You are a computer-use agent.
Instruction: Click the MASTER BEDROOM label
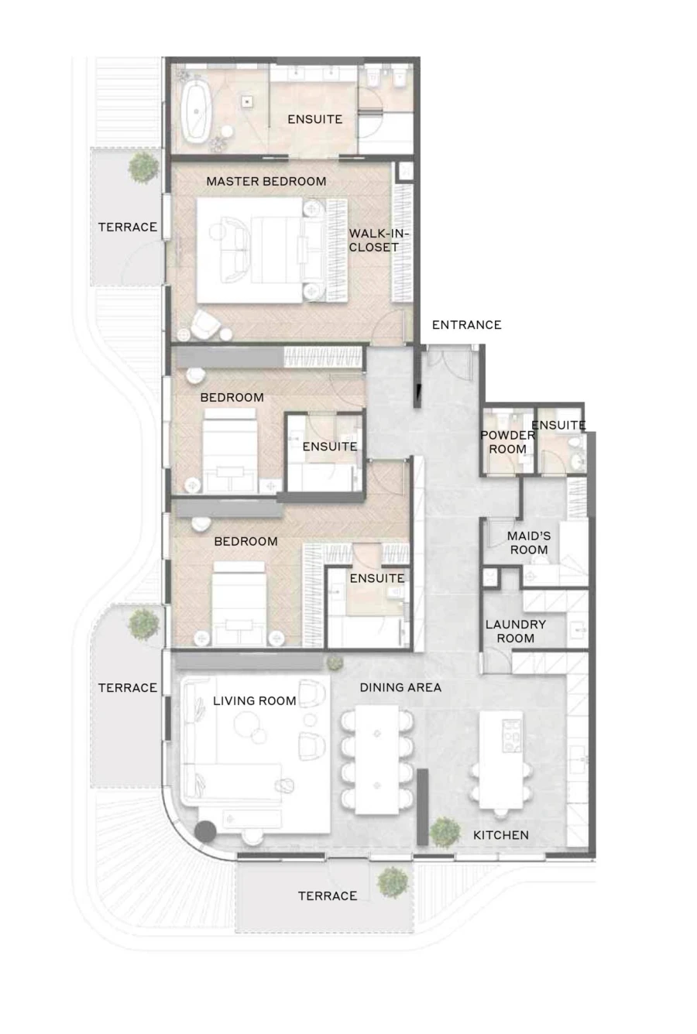pos(266,181)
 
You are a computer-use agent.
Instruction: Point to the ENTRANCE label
pos(466,325)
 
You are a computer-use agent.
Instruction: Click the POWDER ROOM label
pos(507,442)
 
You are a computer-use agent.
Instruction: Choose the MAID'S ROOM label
pos(529,543)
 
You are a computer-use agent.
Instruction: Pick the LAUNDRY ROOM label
pos(515,631)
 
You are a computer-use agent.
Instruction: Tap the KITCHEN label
pos(501,835)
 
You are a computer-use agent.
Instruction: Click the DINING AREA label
pos(400,687)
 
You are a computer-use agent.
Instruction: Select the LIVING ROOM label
pos(254,700)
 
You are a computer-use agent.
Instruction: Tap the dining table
pos(377,758)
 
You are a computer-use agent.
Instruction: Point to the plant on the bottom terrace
pos(393,882)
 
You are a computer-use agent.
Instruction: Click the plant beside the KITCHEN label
pos(445,831)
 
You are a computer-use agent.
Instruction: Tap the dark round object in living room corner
pos(205,832)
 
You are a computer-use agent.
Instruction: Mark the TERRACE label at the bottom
pos(328,896)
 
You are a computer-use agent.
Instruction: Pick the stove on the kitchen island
pos(511,735)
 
